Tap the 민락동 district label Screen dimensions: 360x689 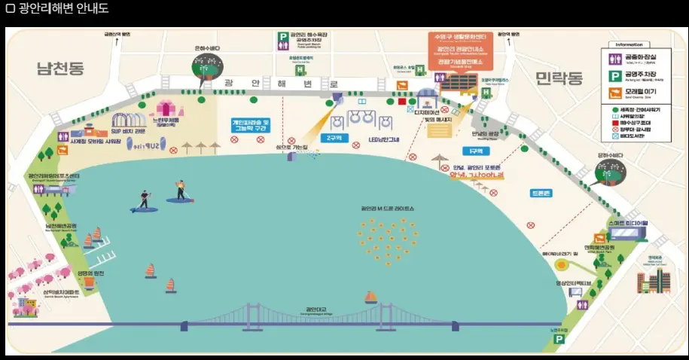point(559,78)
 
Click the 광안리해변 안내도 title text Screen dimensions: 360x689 point(57,9)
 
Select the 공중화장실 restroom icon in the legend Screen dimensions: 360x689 point(615,58)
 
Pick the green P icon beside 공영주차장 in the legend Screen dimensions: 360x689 point(615,75)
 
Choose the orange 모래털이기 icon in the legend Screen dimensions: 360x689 point(615,93)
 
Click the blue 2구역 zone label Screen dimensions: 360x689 point(332,138)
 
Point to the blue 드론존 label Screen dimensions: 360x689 point(541,193)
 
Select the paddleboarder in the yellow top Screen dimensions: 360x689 point(180,190)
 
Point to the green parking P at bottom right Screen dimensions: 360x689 point(558,340)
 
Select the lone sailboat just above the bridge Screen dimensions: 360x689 point(370,297)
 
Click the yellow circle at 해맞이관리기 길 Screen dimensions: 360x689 point(562,264)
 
